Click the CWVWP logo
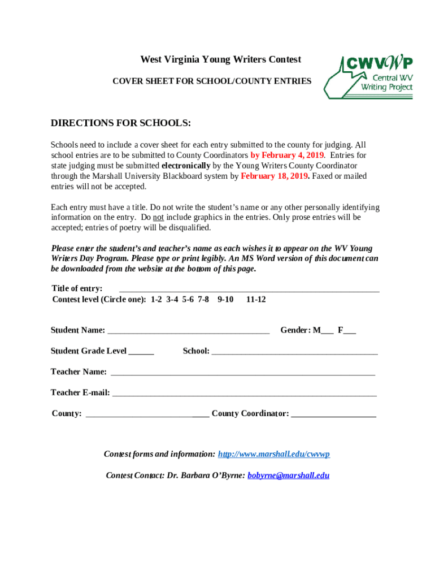click(x=368, y=77)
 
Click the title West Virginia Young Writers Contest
click(x=220, y=59)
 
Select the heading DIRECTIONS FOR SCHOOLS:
click(x=121, y=123)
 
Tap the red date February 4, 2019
click(x=287, y=155)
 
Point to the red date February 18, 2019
click(x=275, y=176)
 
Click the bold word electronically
click(x=186, y=166)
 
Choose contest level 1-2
click(x=156, y=299)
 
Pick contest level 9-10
click(x=225, y=299)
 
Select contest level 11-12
click(x=256, y=299)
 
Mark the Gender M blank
click(x=327, y=332)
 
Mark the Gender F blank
click(x=350, y=332)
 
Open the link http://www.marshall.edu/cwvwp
click(x=273, y=454)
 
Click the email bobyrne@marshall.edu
click(x=288, y=475)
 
